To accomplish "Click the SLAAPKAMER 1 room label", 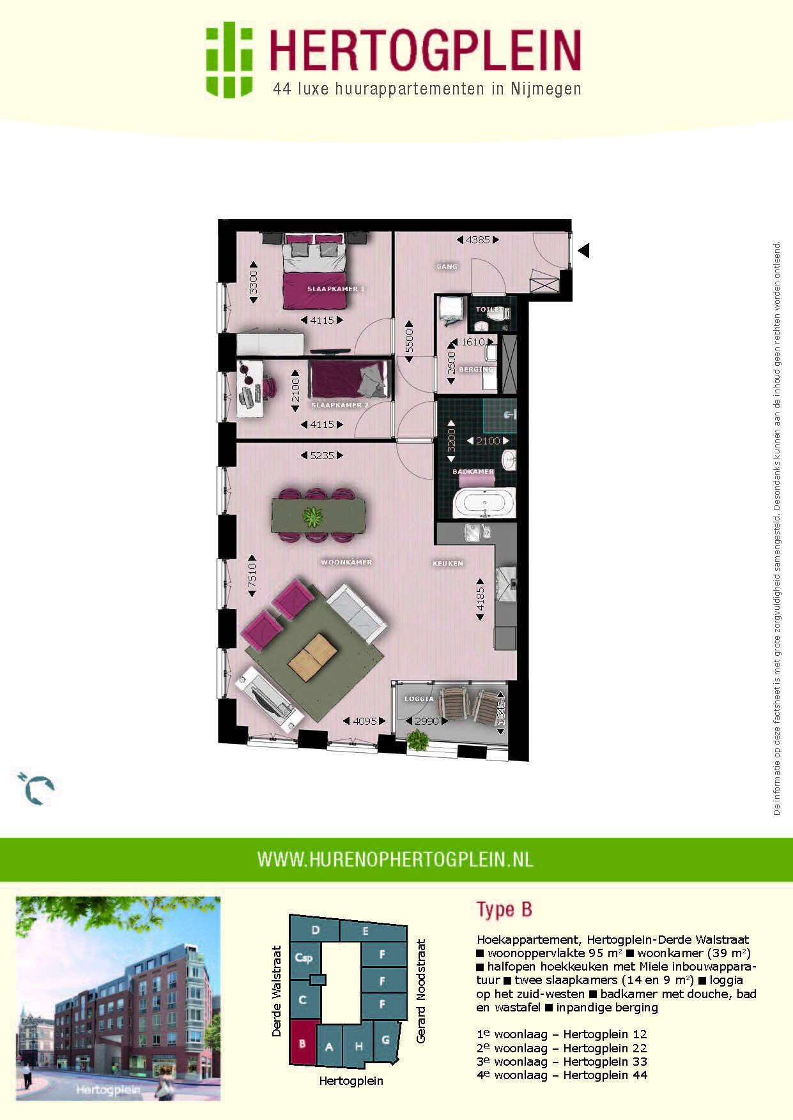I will coord(335,289).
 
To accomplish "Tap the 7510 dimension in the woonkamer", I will coord(252,575).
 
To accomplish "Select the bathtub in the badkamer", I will coord(484,504).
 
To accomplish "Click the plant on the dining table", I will coord(312,516).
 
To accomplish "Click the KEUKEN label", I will coord(447,564).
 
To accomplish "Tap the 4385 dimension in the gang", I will coord(478,240).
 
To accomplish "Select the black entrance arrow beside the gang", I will coord(583,250).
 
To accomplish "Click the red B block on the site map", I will coord(302,1045).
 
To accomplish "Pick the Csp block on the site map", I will coord(304,958).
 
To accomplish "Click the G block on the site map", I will coord(385,1040).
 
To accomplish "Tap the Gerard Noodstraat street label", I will coord(421,990).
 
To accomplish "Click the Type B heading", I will coord(504,909).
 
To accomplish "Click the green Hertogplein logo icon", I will coord(228,59).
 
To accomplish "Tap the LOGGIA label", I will coord(419,699).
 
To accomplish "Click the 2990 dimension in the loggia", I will coord(427,721).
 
